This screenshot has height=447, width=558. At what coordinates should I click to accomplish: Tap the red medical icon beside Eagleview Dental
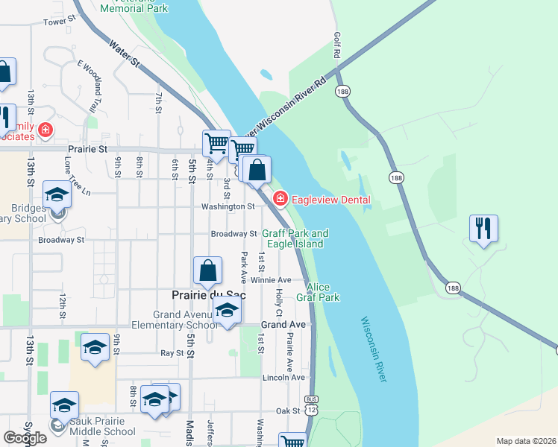pos(280,198)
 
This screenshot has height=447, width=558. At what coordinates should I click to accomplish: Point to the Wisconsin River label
pos(373,349)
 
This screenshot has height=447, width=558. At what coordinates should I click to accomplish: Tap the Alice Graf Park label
pos(322,292)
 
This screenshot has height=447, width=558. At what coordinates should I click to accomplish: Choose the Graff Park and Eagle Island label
pos(295,238)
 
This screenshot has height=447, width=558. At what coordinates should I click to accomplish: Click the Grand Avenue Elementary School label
pos(175,320)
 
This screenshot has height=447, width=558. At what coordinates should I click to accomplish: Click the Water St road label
pos(124,54)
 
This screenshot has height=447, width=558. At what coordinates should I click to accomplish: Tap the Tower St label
pos(60,22)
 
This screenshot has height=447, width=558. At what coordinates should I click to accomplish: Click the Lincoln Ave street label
pos(283,378)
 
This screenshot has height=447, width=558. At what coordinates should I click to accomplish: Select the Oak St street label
pos(287,410)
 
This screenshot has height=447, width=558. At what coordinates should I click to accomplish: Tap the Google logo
pos(25,438)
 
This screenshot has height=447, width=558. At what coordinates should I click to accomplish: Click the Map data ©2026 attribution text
pos(526,441)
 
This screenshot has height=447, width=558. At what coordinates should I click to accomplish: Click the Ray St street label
pos(172,352)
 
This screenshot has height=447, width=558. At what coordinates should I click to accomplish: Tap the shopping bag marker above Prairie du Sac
pos(208,270)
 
